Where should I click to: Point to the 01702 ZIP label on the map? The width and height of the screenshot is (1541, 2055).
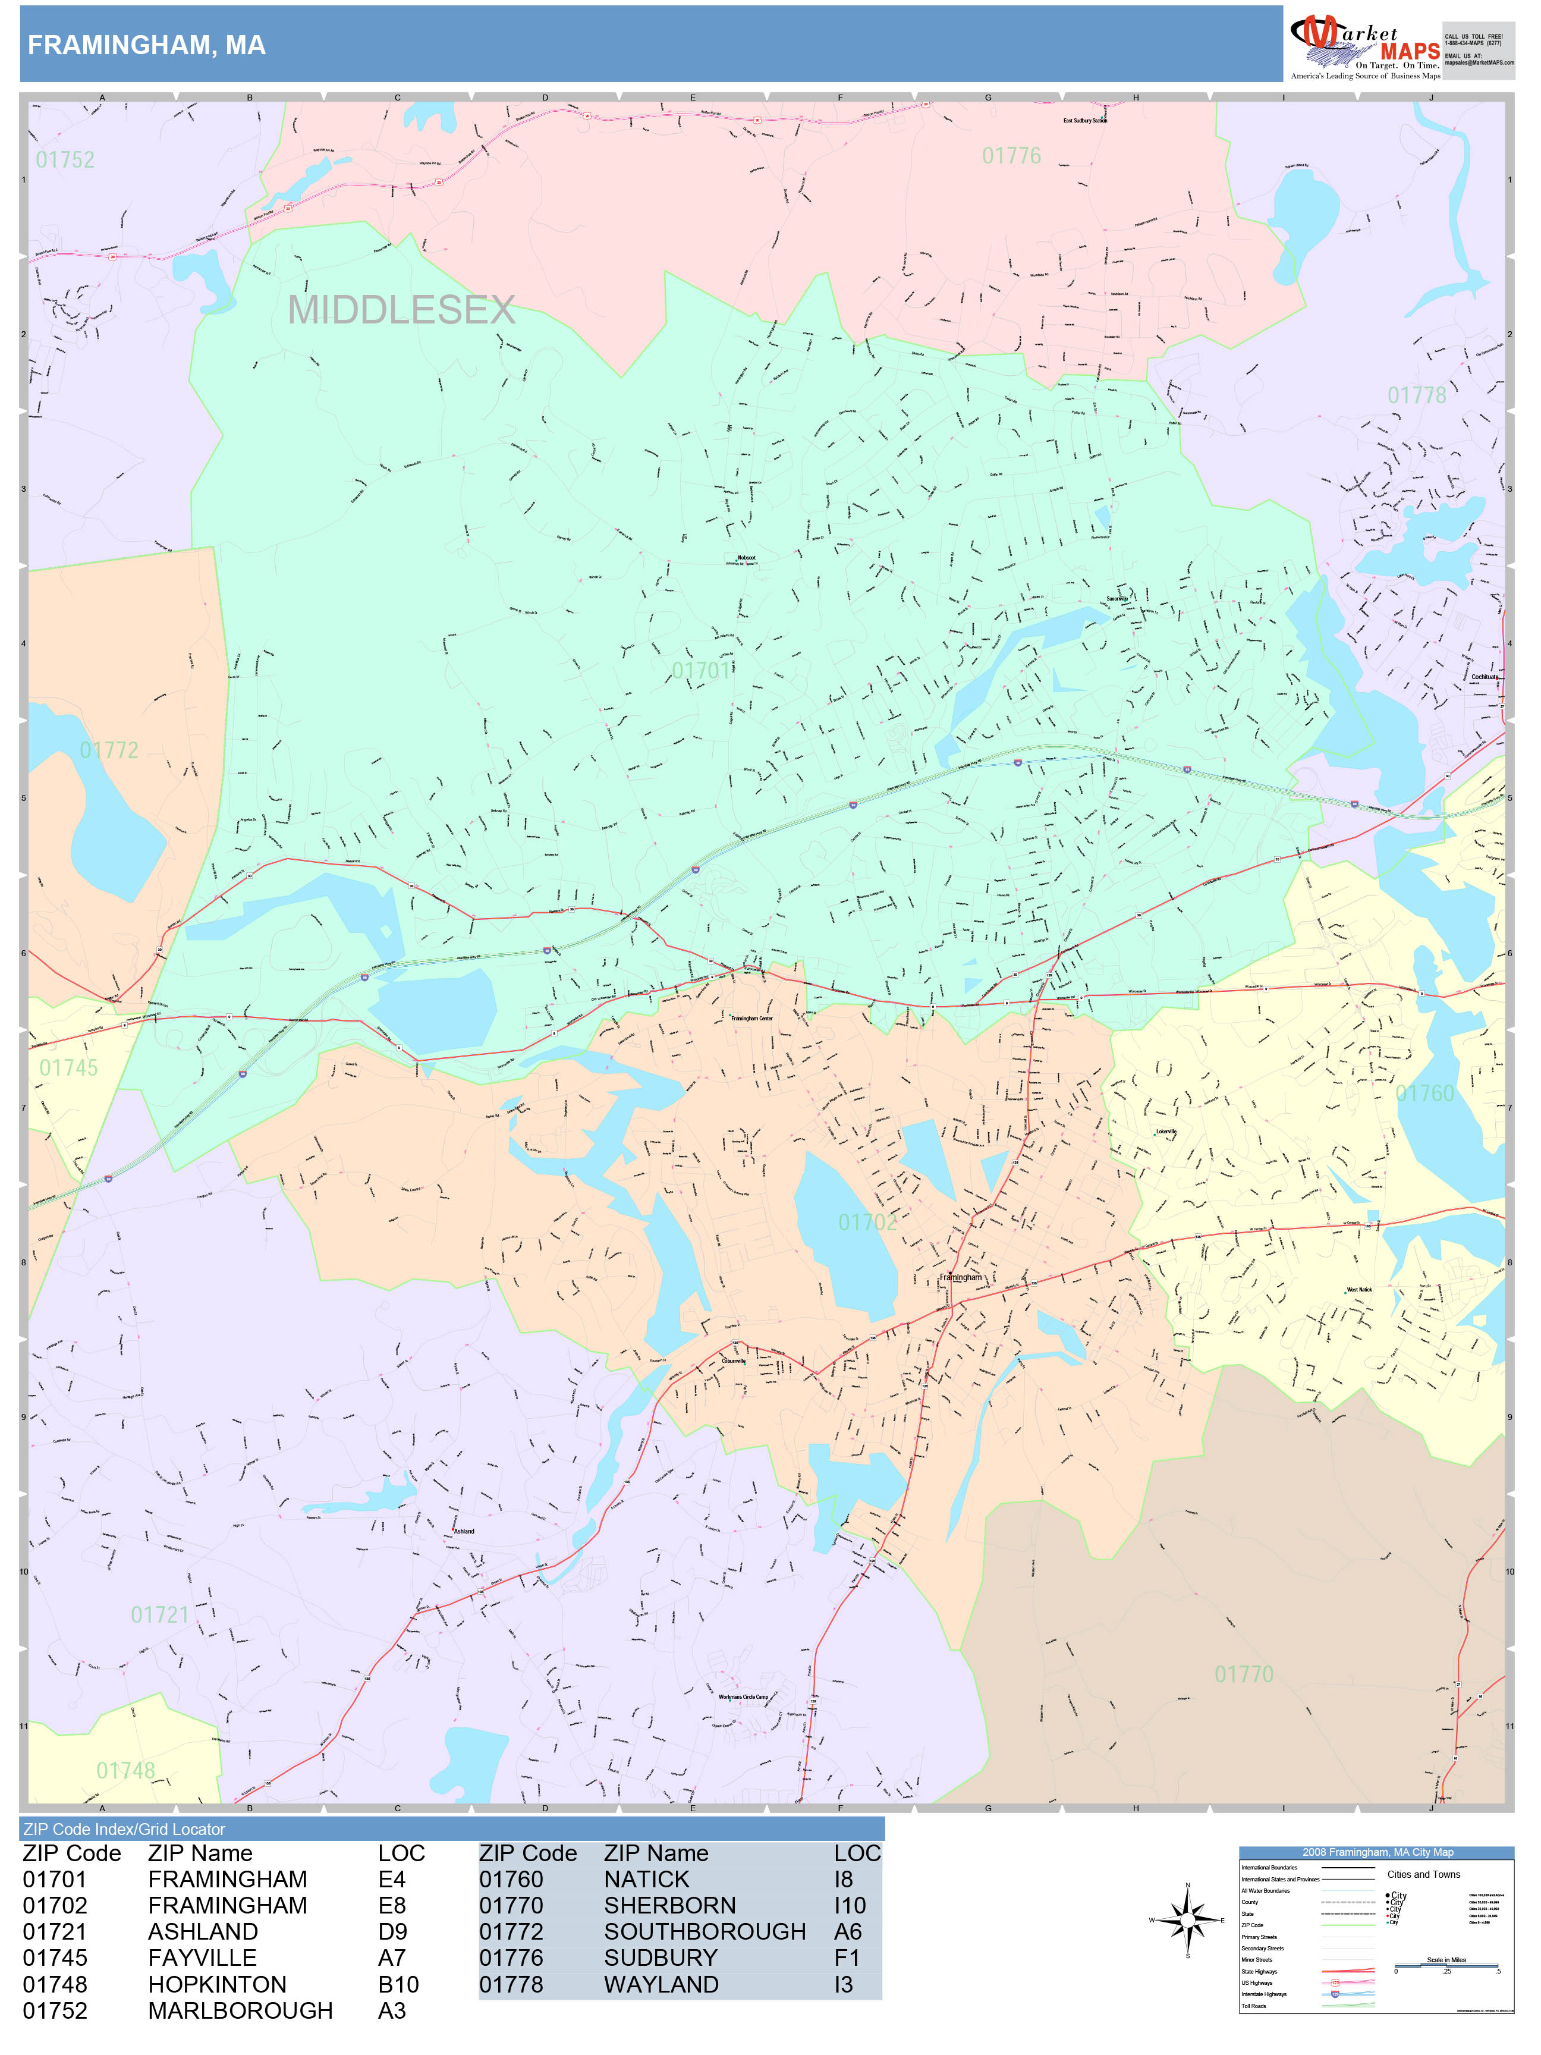tap(867, 1223)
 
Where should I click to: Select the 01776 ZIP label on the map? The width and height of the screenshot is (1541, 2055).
tap(1011, 156)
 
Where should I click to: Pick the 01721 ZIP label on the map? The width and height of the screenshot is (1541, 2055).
tap(160, 1614)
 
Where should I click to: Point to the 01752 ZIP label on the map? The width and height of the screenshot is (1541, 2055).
tap(65, 160)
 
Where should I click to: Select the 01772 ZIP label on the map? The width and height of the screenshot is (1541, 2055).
tap(109, 750)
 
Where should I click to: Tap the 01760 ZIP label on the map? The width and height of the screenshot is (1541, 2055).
tap(1425, 1094)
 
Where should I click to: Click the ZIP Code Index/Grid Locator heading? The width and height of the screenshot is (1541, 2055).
tap(124, 1829)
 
